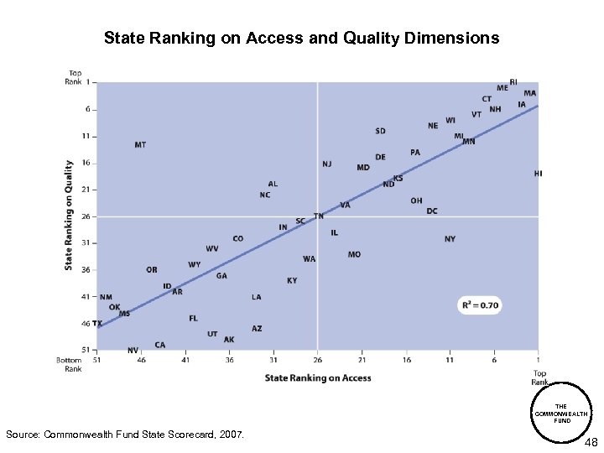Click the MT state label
click(x=140, y=145)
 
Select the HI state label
click(x=538, y=174)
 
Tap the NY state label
click(x=450, y=239)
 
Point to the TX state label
click(x=97, y=323)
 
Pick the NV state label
click(x=133, y=350)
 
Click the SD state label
click(x=380, y=131)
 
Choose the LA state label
click(x=256, y=297)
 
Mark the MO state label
click(x=354, y=254)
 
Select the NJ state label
click(x=326, y=164)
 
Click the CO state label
click(x=238, y=239)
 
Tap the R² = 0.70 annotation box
click(x=479, y=305)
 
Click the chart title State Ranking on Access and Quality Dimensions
click(x=301, y=39)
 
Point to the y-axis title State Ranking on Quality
click(x=69, y=215)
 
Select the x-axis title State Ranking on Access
click(x=318, y=378)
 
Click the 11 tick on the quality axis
click(x=86, y=136)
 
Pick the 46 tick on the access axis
click(x=141, y=360)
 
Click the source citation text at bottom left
click(x=125, y=435)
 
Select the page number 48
click(x=590, y=441)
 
